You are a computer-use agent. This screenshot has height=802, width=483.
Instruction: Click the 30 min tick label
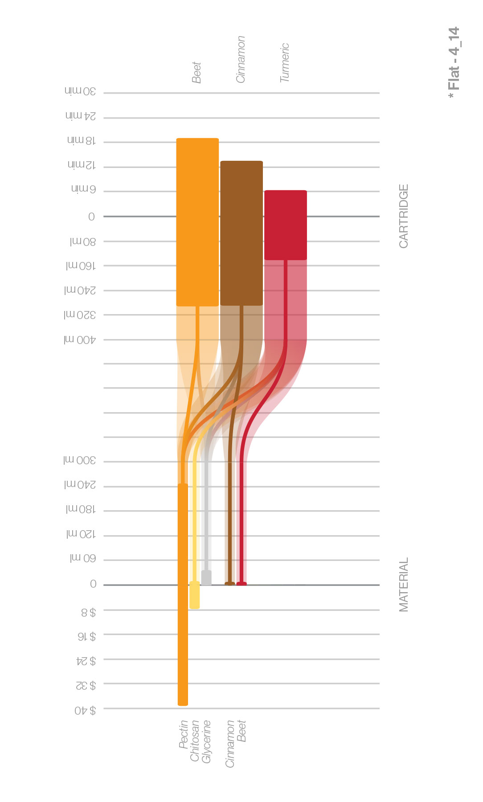pos(80,91)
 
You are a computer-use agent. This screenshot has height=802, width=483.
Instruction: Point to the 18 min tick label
pos(82,140)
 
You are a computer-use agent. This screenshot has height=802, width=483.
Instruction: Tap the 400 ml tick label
pos(80,340)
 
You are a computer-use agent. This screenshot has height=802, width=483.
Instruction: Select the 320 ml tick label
pos(80,315)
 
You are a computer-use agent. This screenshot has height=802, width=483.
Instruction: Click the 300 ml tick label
pos(80,460)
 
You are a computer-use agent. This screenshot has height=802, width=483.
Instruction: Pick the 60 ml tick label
pos(83,558)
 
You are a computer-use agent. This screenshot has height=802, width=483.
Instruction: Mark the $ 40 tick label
pos(85,710)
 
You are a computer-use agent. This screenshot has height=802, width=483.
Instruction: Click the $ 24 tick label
pos(86,661)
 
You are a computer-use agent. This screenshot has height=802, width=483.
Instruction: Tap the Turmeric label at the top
pos(285,62)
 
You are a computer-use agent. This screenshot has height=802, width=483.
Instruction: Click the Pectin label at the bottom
pos(183,734)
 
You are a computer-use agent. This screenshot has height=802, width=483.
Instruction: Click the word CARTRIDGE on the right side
pos(404,216)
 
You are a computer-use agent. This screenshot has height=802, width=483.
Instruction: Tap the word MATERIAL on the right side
pos(404,585)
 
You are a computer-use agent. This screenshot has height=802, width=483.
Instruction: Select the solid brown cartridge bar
pos(241,233)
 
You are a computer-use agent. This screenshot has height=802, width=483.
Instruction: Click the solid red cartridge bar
pos(286,225)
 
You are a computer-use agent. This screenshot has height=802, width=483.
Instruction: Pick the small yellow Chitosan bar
pos(195,595)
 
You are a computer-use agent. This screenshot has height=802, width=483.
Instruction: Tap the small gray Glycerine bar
pos(206,577)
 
